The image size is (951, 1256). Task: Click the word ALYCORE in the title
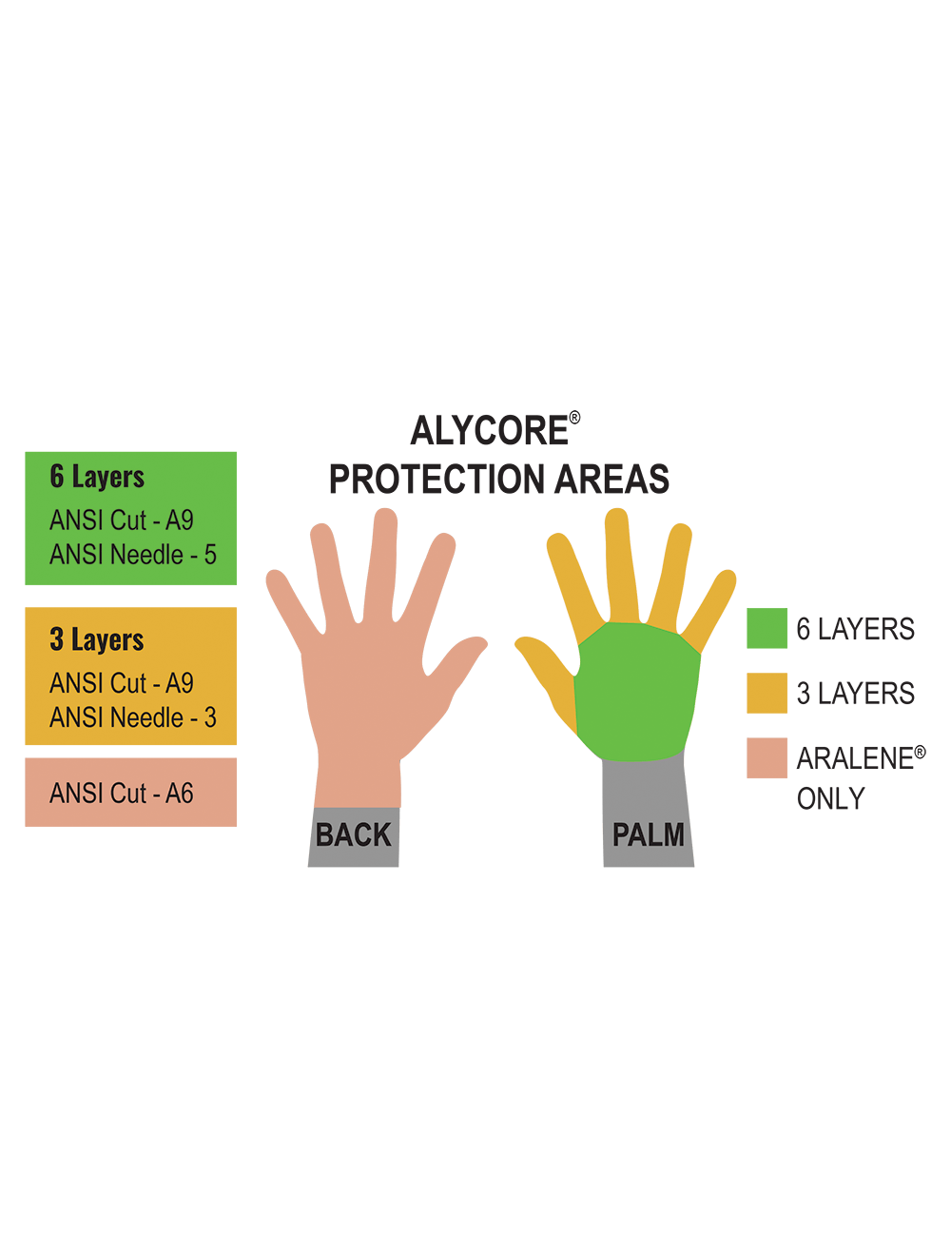pyautogui.click(x=489, y=431)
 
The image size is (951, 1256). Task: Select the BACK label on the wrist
pyautogui.click(x=354, y=834)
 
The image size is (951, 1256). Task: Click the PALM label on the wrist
pyautogui.click(x=649, y=834)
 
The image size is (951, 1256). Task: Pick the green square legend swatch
pyautogui.click(x=767, y=628)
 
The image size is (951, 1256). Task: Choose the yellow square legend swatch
pyautogui.click(x=767, y=693)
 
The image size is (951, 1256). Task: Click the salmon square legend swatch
pyautogui.click(x=767, y=757)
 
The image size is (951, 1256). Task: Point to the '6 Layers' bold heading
pyautogui.click(x=97, y=478)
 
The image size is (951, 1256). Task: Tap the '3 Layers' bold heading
pyautogui.click(x=97, y=639)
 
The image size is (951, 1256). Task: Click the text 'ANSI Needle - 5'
pyautogui.click(x=133, y=555)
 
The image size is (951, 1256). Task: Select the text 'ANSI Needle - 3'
pyautogui.click(x=133, y=717)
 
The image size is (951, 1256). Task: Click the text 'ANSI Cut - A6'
pyautogui.click(x=121, y=794)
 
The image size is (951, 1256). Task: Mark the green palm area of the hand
pyautogui.click(x=637, y=693)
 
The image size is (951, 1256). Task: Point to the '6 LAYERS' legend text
pyautogui.click(x=856, y=629)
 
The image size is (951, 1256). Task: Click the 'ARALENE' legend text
pyautogui.click(x=856, y=758)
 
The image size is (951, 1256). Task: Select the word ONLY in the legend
pyautogui.click(x=831, y=799)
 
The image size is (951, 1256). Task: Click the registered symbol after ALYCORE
pyautogui.click(x=574, y=418)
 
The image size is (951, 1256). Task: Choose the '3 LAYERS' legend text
pyautogui.click(x=856, y=694)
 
